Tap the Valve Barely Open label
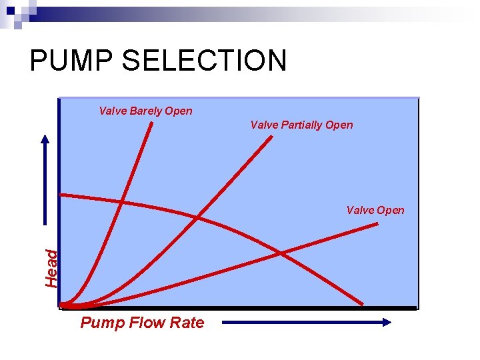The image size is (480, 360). (x=145, y=111)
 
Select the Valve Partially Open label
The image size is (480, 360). (x=301, y=125)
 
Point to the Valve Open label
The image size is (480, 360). (x=375, y=210)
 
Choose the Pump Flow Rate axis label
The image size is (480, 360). (x=142, y=323)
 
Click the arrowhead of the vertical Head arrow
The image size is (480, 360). (x=46, y=141)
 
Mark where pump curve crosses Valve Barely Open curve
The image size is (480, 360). (x=122, y=201)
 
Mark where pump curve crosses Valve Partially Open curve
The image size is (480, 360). (x=198, y=217)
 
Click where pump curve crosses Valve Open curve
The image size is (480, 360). (x=281, y=253)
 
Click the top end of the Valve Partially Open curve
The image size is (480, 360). (x=272, y=137)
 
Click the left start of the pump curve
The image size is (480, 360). (x=61, y=195)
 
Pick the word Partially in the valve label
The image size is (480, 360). (x=304, y=125)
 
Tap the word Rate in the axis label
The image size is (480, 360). (x=188, y=323)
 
